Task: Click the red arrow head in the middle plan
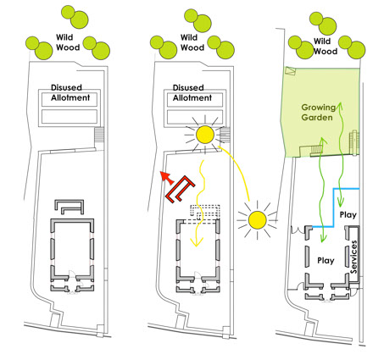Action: (166, 177)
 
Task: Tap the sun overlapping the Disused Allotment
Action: (204, 135)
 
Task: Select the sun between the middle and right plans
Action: (258, 219)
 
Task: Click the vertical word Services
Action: (353, 257)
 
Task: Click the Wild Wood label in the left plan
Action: (68, 42)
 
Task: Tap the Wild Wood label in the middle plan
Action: (192, 42)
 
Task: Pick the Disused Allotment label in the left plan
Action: (70, 92)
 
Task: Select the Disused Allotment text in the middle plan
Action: (192, 92)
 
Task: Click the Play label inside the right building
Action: (326, 261)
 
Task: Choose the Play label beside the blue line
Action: (348, 215)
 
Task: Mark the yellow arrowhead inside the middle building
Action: (197, 242)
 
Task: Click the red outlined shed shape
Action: (181, 189)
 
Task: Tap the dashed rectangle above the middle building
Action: (205, 213)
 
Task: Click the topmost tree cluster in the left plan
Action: (75, 17)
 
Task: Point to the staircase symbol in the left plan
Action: (99, 135)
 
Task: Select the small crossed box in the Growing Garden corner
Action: (290, 70)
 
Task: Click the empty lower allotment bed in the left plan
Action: (70, 117)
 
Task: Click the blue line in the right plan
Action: (335, 208)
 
